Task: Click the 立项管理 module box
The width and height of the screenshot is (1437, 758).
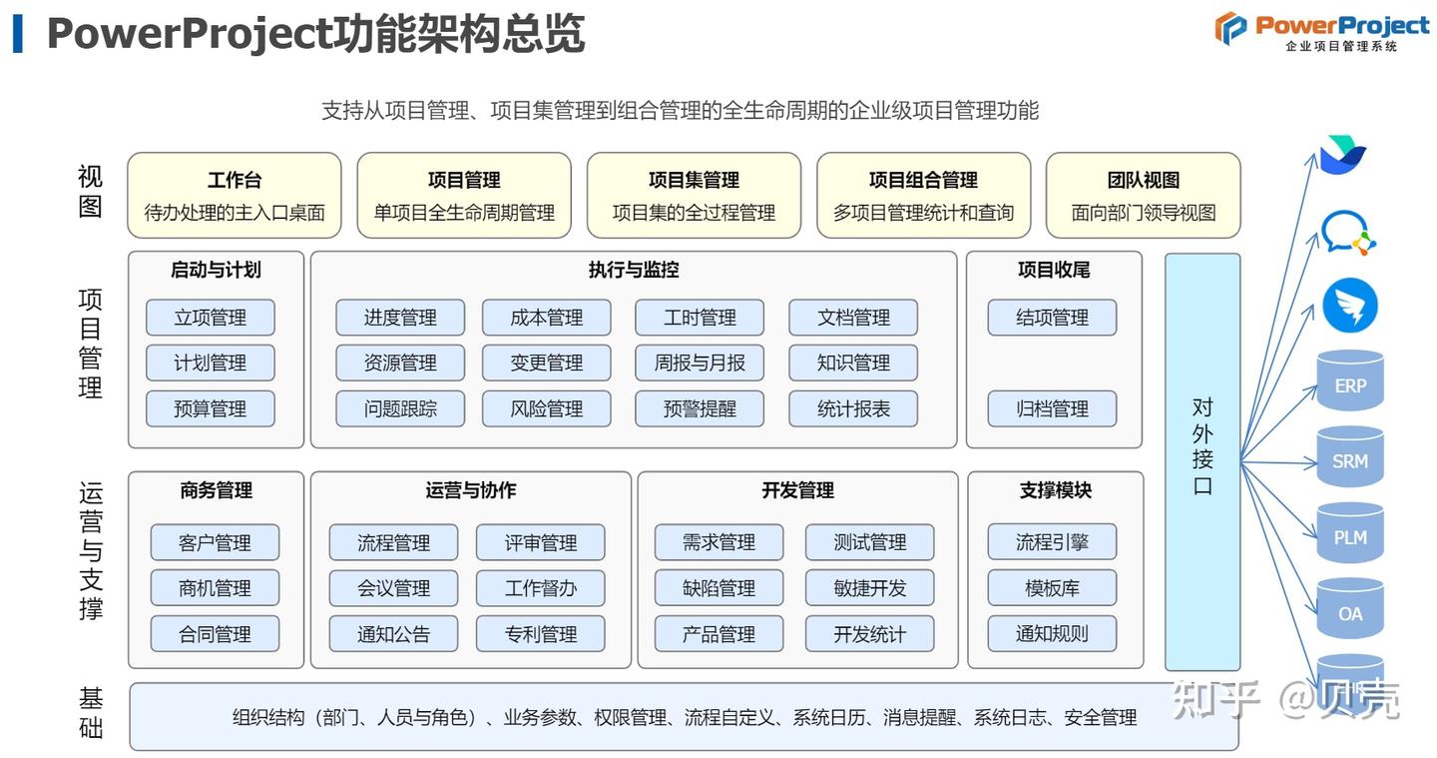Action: (x=210, y=318)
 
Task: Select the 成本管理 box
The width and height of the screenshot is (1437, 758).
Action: (x=546, y=318)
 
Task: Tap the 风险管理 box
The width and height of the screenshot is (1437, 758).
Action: (x=546, y=408)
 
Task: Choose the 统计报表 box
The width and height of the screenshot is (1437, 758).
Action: (x=853, y=408)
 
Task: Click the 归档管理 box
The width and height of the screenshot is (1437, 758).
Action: (x=1052, y=408)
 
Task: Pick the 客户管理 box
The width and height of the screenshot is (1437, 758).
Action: (x=215, y=542)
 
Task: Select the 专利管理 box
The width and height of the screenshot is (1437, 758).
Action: (x=541, y=633)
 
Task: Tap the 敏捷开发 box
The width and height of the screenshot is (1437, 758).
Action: (x=870, y=588)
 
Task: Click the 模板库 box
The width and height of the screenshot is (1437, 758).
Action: (x=1052, y=588)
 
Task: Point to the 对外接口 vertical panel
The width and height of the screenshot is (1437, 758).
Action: (x=1202, y=460)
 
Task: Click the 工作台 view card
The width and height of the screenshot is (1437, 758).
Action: (x=235, y=196)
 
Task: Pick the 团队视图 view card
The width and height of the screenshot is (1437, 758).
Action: (x=1143, y=196)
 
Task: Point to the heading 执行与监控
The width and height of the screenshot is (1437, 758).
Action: (x=634, y=270)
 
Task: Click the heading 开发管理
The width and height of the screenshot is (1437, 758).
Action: (x=797, y=490)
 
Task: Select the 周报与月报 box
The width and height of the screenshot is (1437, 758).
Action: (x=700, y=364)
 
